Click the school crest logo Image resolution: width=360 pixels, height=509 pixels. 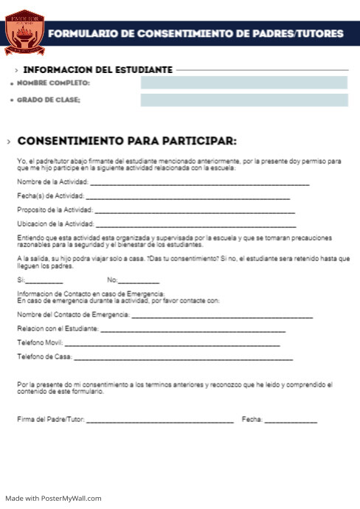[24, 32]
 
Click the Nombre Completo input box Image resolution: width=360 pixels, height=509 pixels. [243, 83]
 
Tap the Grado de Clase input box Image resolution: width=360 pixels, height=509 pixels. [243, 100]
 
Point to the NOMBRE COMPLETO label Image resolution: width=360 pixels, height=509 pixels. [53, 83]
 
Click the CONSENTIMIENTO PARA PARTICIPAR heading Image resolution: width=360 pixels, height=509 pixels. [126, 141]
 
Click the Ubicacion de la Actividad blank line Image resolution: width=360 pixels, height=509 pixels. [196, 224]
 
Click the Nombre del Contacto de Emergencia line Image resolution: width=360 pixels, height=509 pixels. [222, 316]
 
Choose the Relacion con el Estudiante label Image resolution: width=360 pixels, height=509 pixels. [58, 329]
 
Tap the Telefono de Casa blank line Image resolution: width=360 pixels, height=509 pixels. [184, 359]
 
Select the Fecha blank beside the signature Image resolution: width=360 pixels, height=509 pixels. [291, 421]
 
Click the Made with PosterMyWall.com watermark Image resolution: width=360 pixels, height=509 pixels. [52, 499]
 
